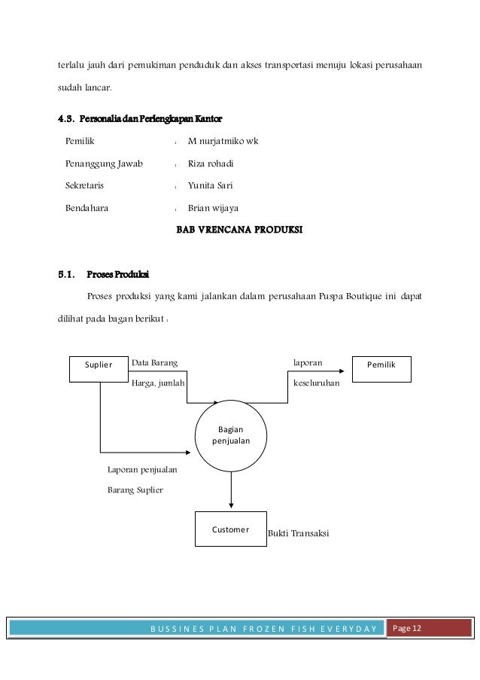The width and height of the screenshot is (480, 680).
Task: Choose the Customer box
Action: coord(230,530)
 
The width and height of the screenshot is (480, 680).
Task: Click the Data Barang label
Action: coord(155,363)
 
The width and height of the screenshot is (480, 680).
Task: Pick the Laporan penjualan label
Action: coord(142,469)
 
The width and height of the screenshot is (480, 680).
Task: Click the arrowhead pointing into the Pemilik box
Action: coord(348,370)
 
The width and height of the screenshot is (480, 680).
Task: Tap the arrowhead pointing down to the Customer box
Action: coord(231,506)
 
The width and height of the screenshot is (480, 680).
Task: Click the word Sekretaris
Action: coord(85,185)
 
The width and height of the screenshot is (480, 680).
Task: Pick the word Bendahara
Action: coord(87,209)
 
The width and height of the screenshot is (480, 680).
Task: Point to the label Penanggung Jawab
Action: coord(104,163)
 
